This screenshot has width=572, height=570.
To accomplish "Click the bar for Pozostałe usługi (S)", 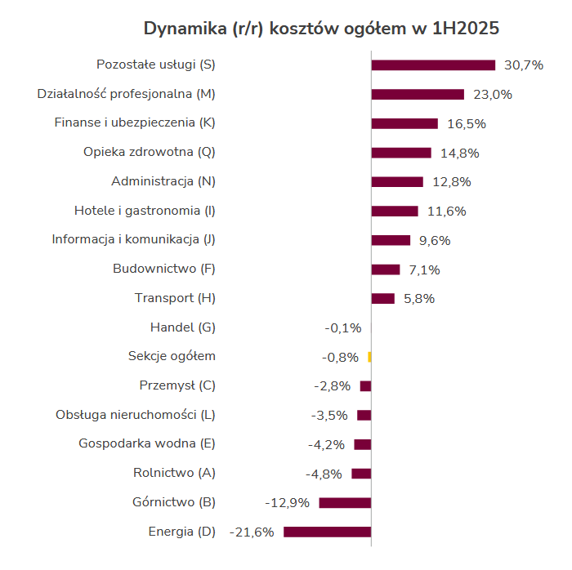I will coord(433,65).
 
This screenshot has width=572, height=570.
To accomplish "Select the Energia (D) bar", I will coord(327,532).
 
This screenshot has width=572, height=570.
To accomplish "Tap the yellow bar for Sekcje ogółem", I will coord(369,357).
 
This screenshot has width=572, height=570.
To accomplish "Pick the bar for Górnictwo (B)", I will coord(345,503).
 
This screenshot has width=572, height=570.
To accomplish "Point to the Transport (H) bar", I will coord(383,299).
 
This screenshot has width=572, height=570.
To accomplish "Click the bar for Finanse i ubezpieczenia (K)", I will coord(404,123).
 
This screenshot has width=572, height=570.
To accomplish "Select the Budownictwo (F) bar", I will coord(386,269).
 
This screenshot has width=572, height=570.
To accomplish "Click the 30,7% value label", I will coord(524,65).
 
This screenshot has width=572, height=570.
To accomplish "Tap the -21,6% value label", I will coord(252,532).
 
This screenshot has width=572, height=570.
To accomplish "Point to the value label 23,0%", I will coord(493,95).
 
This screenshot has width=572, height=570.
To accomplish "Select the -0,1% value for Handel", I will coord(343,328).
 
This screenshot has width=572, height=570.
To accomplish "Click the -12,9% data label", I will coord(288,503).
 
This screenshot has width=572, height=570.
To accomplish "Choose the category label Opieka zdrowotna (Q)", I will coord(150,152).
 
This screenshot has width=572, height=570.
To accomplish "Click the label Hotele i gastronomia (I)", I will coord(145,211).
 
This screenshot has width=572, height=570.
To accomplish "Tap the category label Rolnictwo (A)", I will coord(174,473).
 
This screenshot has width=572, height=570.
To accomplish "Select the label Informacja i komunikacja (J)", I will coord(133,239).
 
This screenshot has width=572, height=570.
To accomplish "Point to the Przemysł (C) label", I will coord(177,385).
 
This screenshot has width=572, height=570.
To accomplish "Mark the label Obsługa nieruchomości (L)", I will coord(136,415).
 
